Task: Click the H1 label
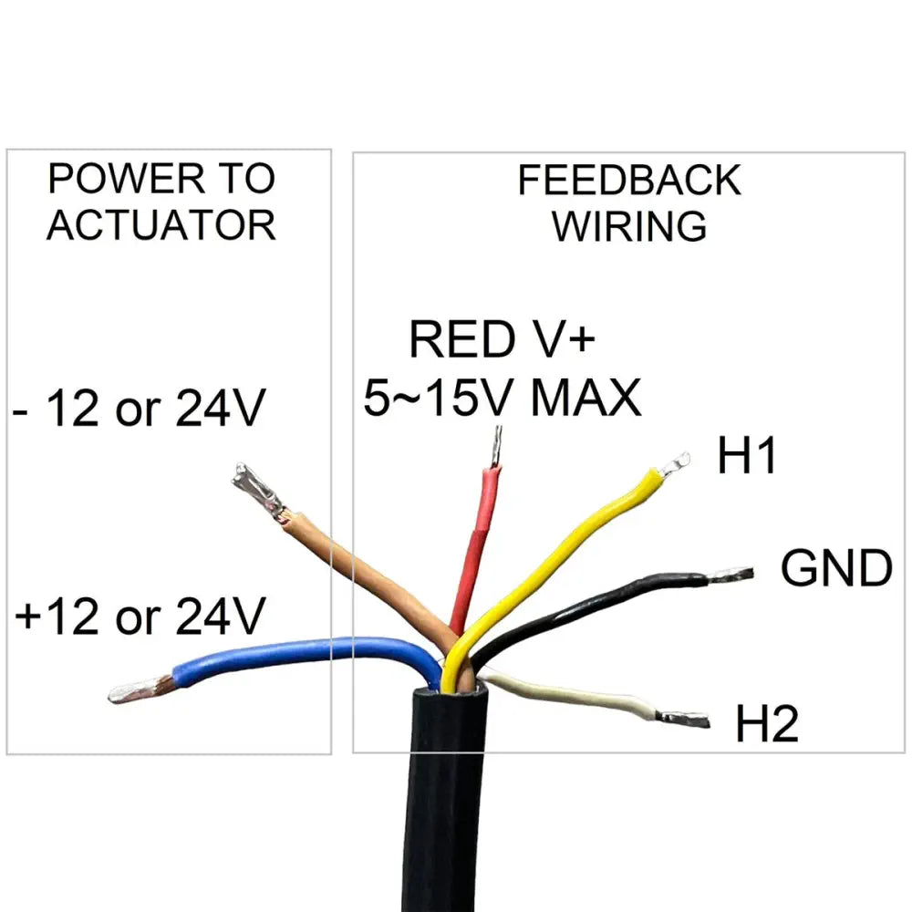(746, 457)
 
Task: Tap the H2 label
(766, 727)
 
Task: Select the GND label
(835, 569)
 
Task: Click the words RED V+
(501, 340)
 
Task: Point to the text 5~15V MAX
(503, 399)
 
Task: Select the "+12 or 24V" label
(140, 617)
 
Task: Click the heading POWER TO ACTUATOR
(161, 202)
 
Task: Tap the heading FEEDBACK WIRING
(629, 202)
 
